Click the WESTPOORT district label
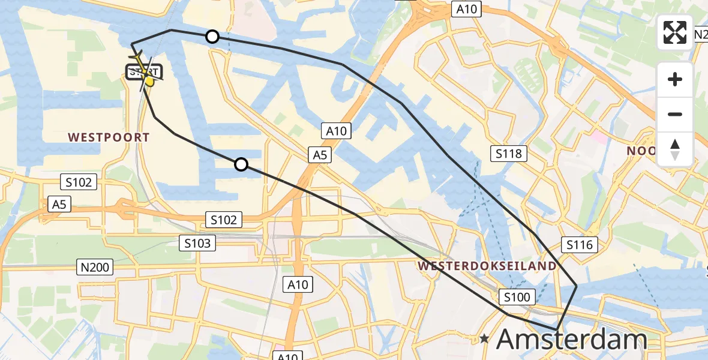click(x=109, y=137)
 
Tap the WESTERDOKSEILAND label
click(x=487, y=265)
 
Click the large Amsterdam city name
click(x=571, y=340)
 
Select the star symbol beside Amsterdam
click(x=484, y=339)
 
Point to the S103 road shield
click(x=197, y=243)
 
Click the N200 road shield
click(x=95, y=267)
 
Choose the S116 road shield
click(x=579, y=244)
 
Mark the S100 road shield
click(x=516, y=296)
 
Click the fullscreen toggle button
click(x=675, y=32)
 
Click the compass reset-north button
click(x=675, y=149)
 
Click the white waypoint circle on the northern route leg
click(x=212, y=37)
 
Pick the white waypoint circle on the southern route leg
click(x=241, y=164)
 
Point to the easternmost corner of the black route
click(x=577, y=286)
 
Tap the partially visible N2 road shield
click(x=700, y=35)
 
